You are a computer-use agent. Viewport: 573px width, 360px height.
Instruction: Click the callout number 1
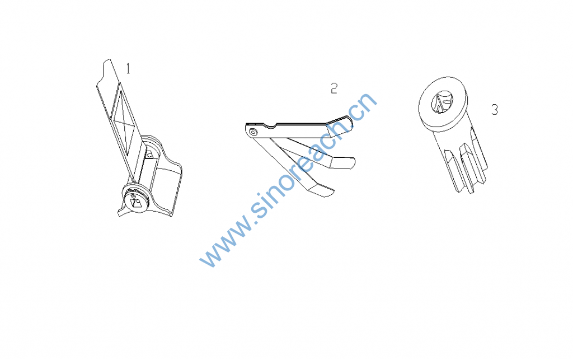(x=128, y=68)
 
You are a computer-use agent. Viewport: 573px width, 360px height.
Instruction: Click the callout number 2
(x=334, y=88)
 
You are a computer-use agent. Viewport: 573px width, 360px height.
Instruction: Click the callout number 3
(x=495, y=109)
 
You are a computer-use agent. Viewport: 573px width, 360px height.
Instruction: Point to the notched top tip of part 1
(x=107, y=62)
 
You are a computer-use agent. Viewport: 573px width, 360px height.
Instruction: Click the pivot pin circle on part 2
(x=253, y=132)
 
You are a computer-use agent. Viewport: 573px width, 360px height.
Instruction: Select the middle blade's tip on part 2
(x=343, y=162)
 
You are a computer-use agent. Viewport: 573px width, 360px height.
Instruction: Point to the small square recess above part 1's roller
(x=149, y=155)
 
